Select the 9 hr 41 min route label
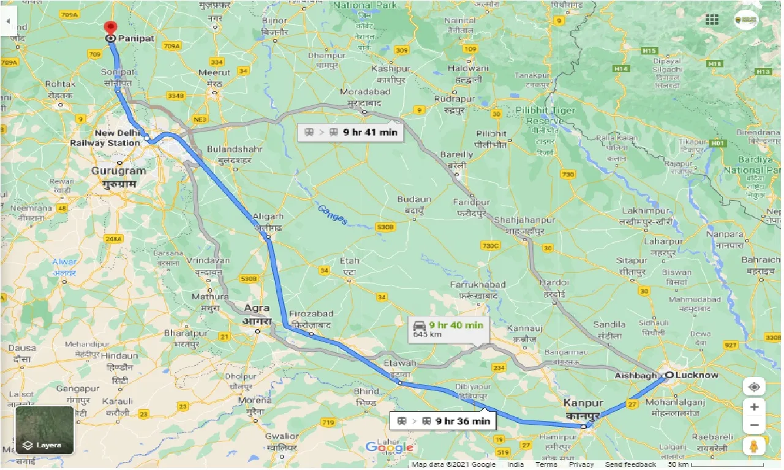pyautogui.click(x=351, y=132)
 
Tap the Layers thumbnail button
pyautogui.click(x=45, y=430)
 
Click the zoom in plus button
pyautogui.click(x=754, y=407)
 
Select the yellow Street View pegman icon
pyautogui.click(x=754, y=447)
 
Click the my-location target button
pyautogui.click(x=754, y=387)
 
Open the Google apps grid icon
pyautogui.click(x=712, y=20)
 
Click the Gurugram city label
pyautogui.click(x=119, y=171)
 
